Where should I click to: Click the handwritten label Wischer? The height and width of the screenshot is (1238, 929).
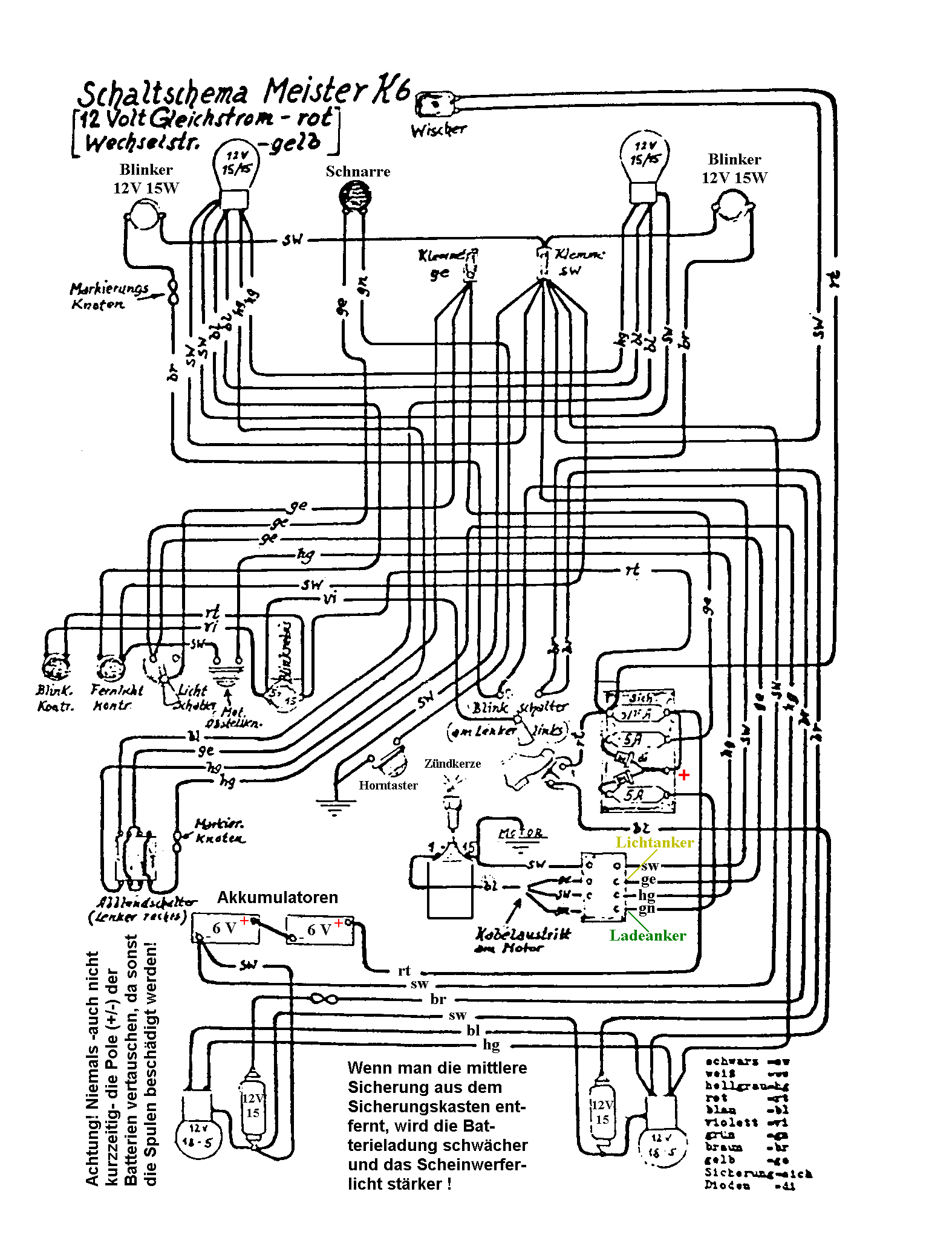(x=438, y=129)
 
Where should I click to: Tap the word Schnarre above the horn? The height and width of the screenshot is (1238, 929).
(x=357, y=172)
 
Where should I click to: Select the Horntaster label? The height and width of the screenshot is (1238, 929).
(x=388, y=785)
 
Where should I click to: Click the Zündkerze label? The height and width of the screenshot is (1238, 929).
(x=452, y=763)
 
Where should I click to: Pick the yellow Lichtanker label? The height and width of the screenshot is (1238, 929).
(x=654, y=842)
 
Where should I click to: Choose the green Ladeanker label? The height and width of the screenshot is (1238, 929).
(x=647, y=935)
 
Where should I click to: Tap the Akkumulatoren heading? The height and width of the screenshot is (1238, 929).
(x=278, y=897)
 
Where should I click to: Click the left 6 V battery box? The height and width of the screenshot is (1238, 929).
(x=226, y=928)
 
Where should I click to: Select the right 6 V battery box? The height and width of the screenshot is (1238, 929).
(x=320, y=930)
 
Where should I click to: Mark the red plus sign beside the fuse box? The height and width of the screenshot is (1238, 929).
(x=684, y=775)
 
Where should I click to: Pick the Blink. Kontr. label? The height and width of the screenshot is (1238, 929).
(x=55, y=698)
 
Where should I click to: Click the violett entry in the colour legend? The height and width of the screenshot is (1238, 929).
(x=732, y=1123)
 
